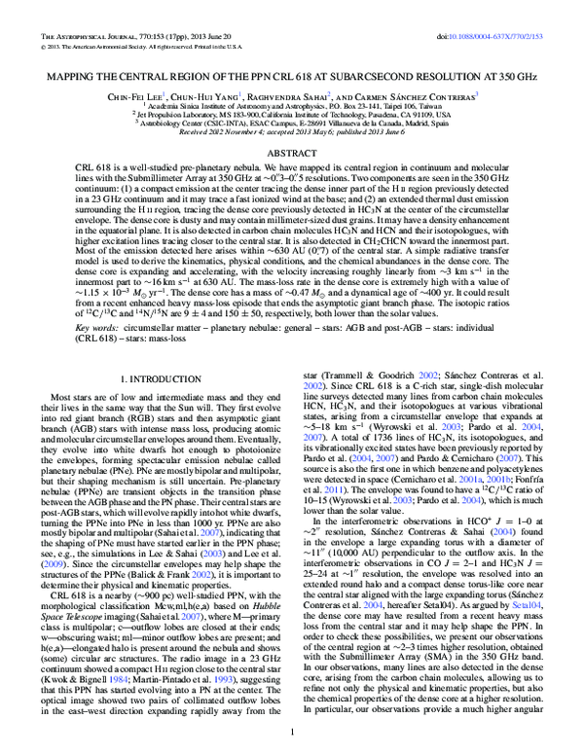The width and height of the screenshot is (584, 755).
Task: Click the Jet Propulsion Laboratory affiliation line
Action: coord(292,88)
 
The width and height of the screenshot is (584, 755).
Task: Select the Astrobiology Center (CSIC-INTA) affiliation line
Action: coord(292,96)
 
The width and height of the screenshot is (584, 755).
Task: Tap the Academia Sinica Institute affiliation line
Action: coord(292,79)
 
